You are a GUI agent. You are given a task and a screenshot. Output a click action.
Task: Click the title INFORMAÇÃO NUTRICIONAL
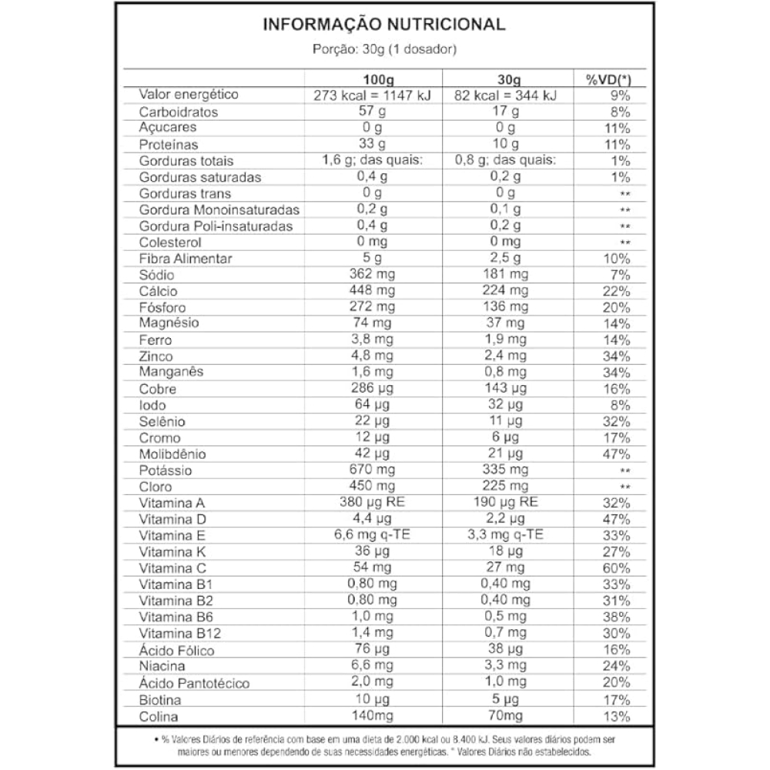384,25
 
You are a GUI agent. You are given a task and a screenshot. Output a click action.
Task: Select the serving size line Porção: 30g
385,50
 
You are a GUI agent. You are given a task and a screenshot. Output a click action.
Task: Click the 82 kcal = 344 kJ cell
505,95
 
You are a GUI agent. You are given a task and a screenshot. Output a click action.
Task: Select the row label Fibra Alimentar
186,259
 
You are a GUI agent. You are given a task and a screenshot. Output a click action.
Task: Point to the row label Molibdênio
172,454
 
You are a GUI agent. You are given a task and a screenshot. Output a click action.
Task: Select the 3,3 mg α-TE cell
505,536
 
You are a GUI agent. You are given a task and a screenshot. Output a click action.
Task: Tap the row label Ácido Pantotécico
194,683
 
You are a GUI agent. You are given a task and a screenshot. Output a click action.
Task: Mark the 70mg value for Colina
505,716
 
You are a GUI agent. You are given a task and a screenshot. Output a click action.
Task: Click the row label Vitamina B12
175,634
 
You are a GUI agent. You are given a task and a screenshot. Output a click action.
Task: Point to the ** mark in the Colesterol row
625,243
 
